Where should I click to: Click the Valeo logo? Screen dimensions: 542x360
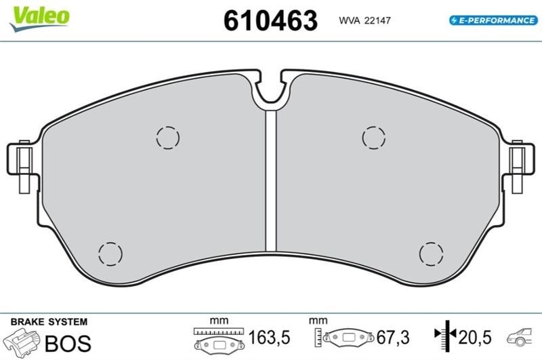point(39,18)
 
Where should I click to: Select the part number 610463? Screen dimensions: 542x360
point(270,20)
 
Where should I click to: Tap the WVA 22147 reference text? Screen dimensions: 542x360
point(364,20)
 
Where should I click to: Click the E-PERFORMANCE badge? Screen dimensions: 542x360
point(493,20)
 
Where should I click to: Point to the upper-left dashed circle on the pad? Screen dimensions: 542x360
point(167,127)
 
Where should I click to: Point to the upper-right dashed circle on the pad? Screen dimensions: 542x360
point(374,127)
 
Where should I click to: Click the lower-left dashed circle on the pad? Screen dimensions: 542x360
point(110,243)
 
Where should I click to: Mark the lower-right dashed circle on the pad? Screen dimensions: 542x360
point(431,243)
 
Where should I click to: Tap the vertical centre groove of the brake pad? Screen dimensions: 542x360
point(271,180)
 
